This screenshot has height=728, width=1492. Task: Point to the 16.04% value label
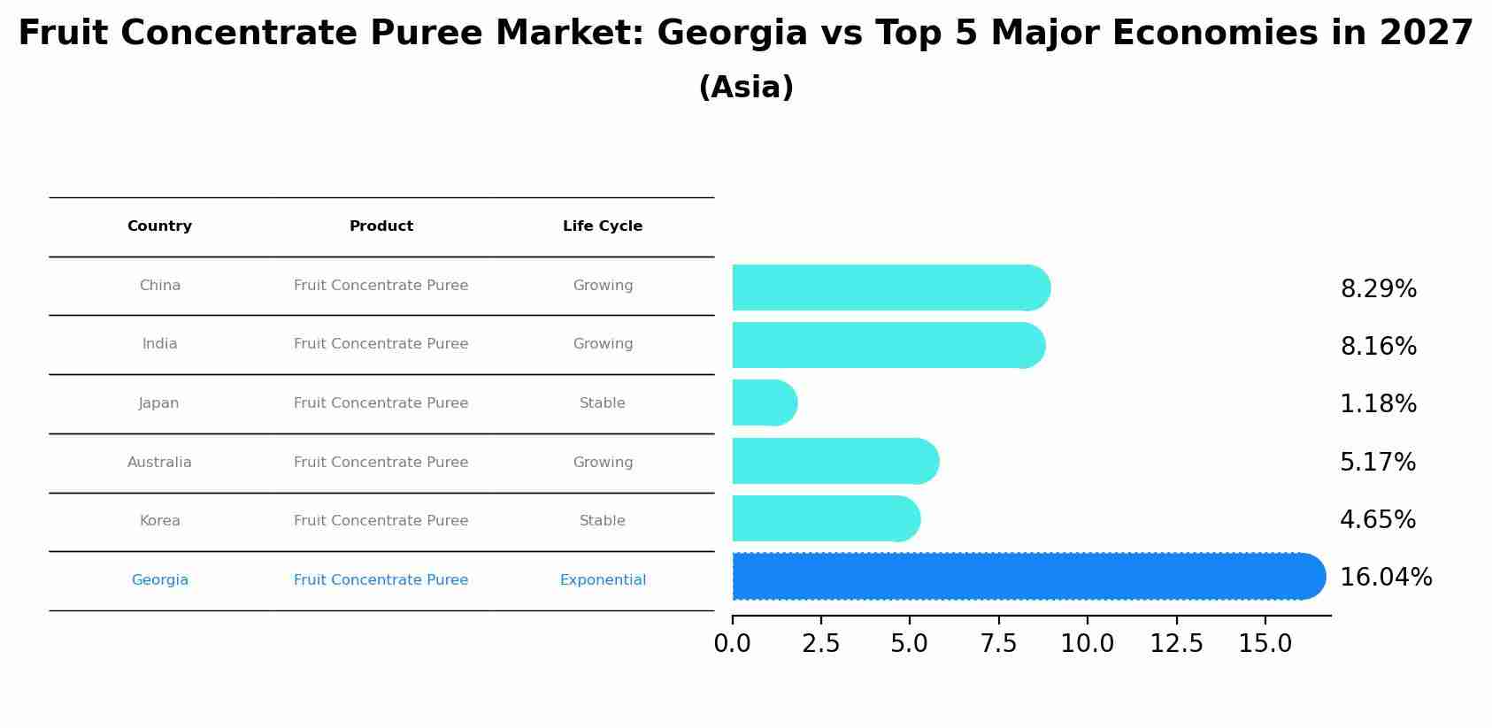tap(1385, 578)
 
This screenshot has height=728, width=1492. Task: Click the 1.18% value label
tap(1378, 404)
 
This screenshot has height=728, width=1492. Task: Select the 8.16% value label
tap(1378, 347)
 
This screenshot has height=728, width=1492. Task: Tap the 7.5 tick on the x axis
tap(998, 644)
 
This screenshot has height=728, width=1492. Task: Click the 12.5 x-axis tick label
tap(1176, 644)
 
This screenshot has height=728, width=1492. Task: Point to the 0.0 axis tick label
tap(732, 644)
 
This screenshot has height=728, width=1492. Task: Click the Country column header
tap(159, 226)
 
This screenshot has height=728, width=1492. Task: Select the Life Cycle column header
tap(603, 226)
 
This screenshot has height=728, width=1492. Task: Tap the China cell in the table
tap(159, 286)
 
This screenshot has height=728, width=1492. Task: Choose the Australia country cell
tap(159, 463)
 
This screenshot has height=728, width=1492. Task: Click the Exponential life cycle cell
tap(603, 580)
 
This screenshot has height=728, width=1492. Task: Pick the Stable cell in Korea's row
tap(603, 521)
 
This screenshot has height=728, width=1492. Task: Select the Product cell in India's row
tap(381, 344)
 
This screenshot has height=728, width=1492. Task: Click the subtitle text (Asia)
tap(746, 88)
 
